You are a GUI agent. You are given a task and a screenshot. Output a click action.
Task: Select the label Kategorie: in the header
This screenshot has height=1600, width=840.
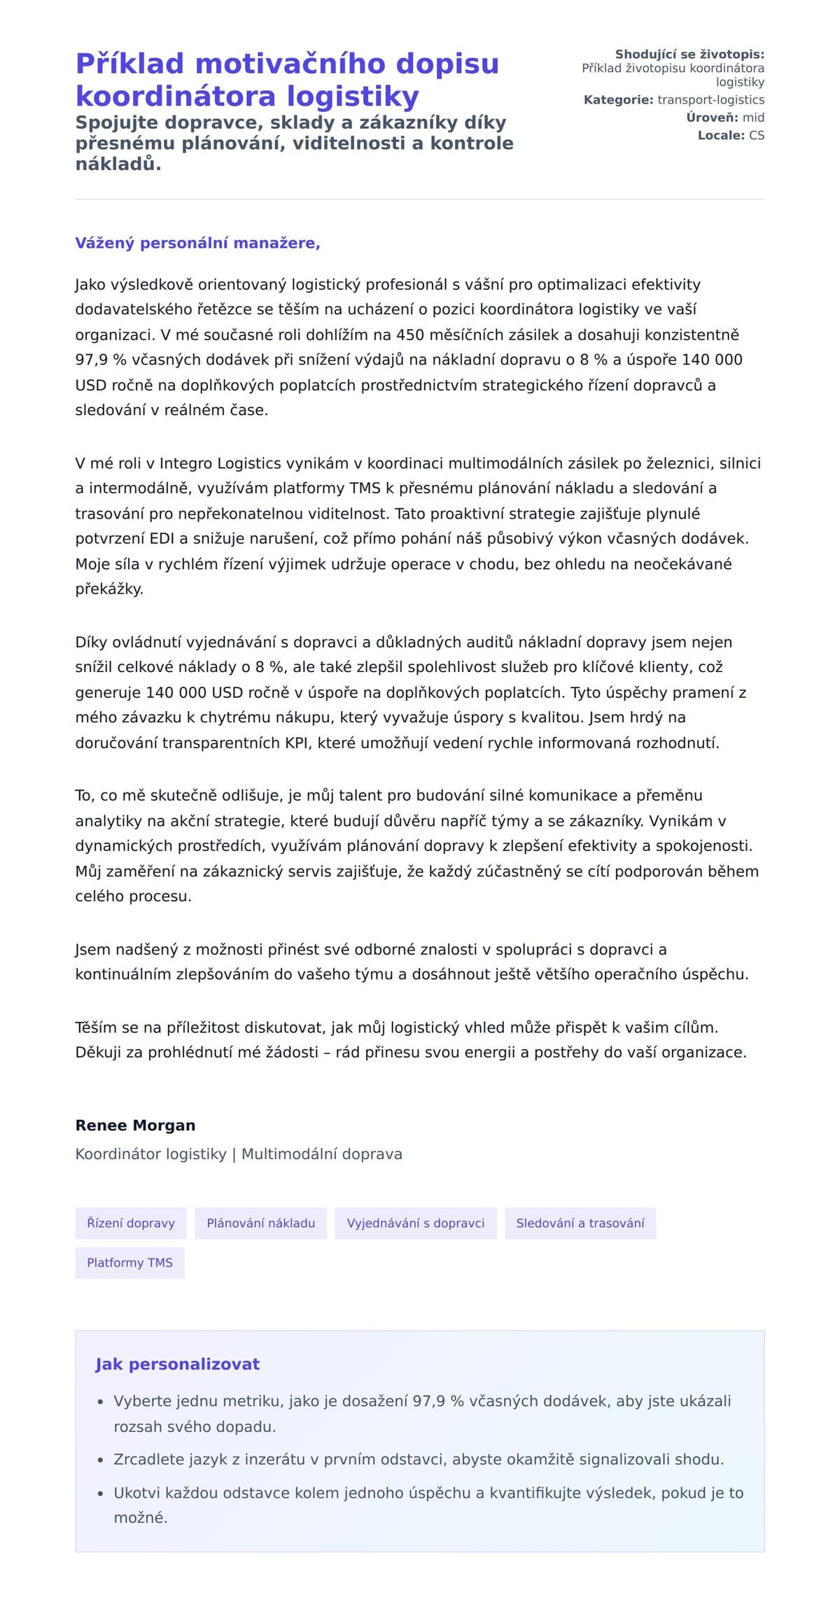618,100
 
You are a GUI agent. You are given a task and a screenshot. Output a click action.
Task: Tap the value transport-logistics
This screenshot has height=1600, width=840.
710,100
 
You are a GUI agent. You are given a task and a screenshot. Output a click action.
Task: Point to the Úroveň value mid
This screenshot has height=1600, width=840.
753,118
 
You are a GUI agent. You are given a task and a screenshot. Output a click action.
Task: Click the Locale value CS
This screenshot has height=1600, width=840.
756,135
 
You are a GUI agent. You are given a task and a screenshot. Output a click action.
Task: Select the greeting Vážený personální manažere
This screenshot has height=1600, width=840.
197,243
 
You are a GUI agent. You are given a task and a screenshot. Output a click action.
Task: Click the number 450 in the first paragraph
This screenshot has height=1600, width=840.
411,335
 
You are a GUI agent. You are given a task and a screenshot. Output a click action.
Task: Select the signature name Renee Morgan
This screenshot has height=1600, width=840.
135,1125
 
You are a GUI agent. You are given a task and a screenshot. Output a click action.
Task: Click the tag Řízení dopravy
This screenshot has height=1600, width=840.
131,1223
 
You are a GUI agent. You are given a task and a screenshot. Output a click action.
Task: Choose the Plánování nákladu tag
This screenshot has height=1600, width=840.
260,1223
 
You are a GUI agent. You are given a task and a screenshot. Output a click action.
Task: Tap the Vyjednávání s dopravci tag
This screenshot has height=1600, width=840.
416,1223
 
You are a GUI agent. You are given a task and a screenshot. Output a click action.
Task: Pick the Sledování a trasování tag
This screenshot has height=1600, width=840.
580,1223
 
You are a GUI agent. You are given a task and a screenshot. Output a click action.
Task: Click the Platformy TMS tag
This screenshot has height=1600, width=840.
129,1263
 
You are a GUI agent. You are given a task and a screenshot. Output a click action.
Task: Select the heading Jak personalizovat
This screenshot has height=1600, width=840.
177,1363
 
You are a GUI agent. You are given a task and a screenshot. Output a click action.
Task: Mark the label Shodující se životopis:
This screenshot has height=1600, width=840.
689,55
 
